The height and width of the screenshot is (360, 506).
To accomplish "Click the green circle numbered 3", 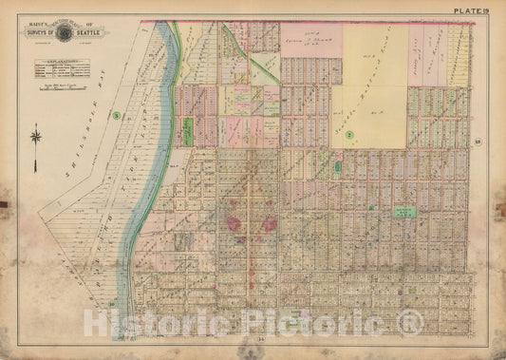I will (115, 116).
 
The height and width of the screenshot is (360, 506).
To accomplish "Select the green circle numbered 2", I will (348, 136).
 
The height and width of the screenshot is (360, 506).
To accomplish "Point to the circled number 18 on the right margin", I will (479, 142).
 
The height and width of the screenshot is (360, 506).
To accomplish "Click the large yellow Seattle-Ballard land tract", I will (368, 85).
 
